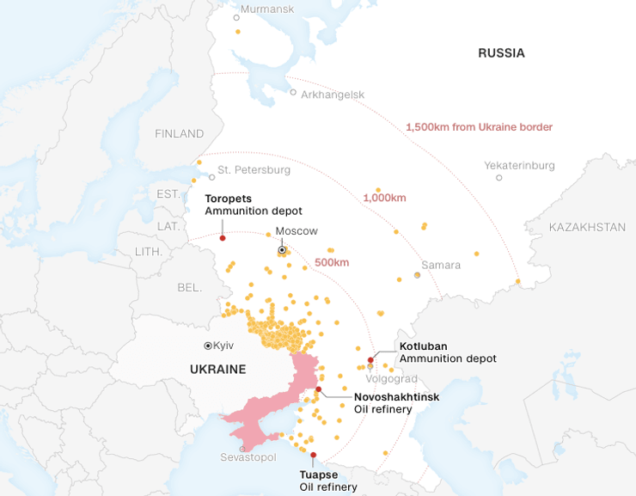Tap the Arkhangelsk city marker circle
pos(293,92)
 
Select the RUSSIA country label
pos(501,53)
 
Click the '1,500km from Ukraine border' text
pos(479,127)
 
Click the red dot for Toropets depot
pos(223,238)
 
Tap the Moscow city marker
pos(282,250)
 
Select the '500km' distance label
pos(331,262)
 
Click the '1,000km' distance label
pos(384,198)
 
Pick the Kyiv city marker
pos(207,345)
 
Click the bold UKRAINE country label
pos(217,370)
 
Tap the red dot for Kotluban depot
pos(370,359)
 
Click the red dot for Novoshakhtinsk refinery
pos(319,389)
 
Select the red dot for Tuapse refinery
pos(313,455)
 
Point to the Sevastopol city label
pos(248,457)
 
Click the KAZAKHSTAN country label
pos(587,227)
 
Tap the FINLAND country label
pos(179,133)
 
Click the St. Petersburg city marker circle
pos(211,177)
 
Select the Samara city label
pos(441,265)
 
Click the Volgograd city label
pos(391,378)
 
